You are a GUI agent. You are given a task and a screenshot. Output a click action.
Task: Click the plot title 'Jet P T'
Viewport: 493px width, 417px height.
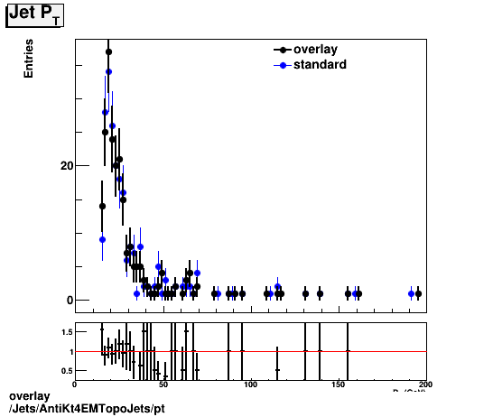click(x=34, y=15)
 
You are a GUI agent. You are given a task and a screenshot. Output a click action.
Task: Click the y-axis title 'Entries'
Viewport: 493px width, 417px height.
click(x=29, y=59)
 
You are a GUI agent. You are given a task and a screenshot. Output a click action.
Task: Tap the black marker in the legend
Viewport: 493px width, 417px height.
click(x=283, y=50)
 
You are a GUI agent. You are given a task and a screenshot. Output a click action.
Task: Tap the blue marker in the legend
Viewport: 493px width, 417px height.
click(x=283, y=65)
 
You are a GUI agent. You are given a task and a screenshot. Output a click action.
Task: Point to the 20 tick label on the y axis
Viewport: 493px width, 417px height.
click(x=67, y=165)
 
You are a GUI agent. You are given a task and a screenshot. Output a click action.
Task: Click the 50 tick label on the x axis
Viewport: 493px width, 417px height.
click(x=163, y=384)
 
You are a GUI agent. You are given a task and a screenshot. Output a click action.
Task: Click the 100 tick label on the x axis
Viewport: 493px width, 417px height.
click(x=250, y=384)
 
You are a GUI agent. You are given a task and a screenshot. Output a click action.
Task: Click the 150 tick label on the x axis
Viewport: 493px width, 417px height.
click(x=339, y=384)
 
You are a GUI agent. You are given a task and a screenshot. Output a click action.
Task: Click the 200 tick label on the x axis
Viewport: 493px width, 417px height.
click(x=425, y=384)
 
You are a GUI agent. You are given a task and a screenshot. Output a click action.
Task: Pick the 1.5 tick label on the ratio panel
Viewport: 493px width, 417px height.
click(x=67, y=332)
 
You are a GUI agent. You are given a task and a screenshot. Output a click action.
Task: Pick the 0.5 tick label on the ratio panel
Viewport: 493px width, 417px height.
click(x=67, y=370)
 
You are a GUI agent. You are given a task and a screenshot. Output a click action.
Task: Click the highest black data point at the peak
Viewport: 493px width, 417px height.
click(x=108, y=51)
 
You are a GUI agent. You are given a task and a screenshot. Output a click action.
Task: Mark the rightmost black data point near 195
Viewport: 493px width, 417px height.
click(x=418, y=294)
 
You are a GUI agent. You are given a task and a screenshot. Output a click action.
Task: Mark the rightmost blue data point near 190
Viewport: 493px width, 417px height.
click(x=411, y=293)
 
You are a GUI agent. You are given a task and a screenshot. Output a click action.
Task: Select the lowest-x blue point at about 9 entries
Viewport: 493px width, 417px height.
click(x=102, y=239)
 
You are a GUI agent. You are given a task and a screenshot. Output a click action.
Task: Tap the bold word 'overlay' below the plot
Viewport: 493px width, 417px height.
click(x=29, y=397)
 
